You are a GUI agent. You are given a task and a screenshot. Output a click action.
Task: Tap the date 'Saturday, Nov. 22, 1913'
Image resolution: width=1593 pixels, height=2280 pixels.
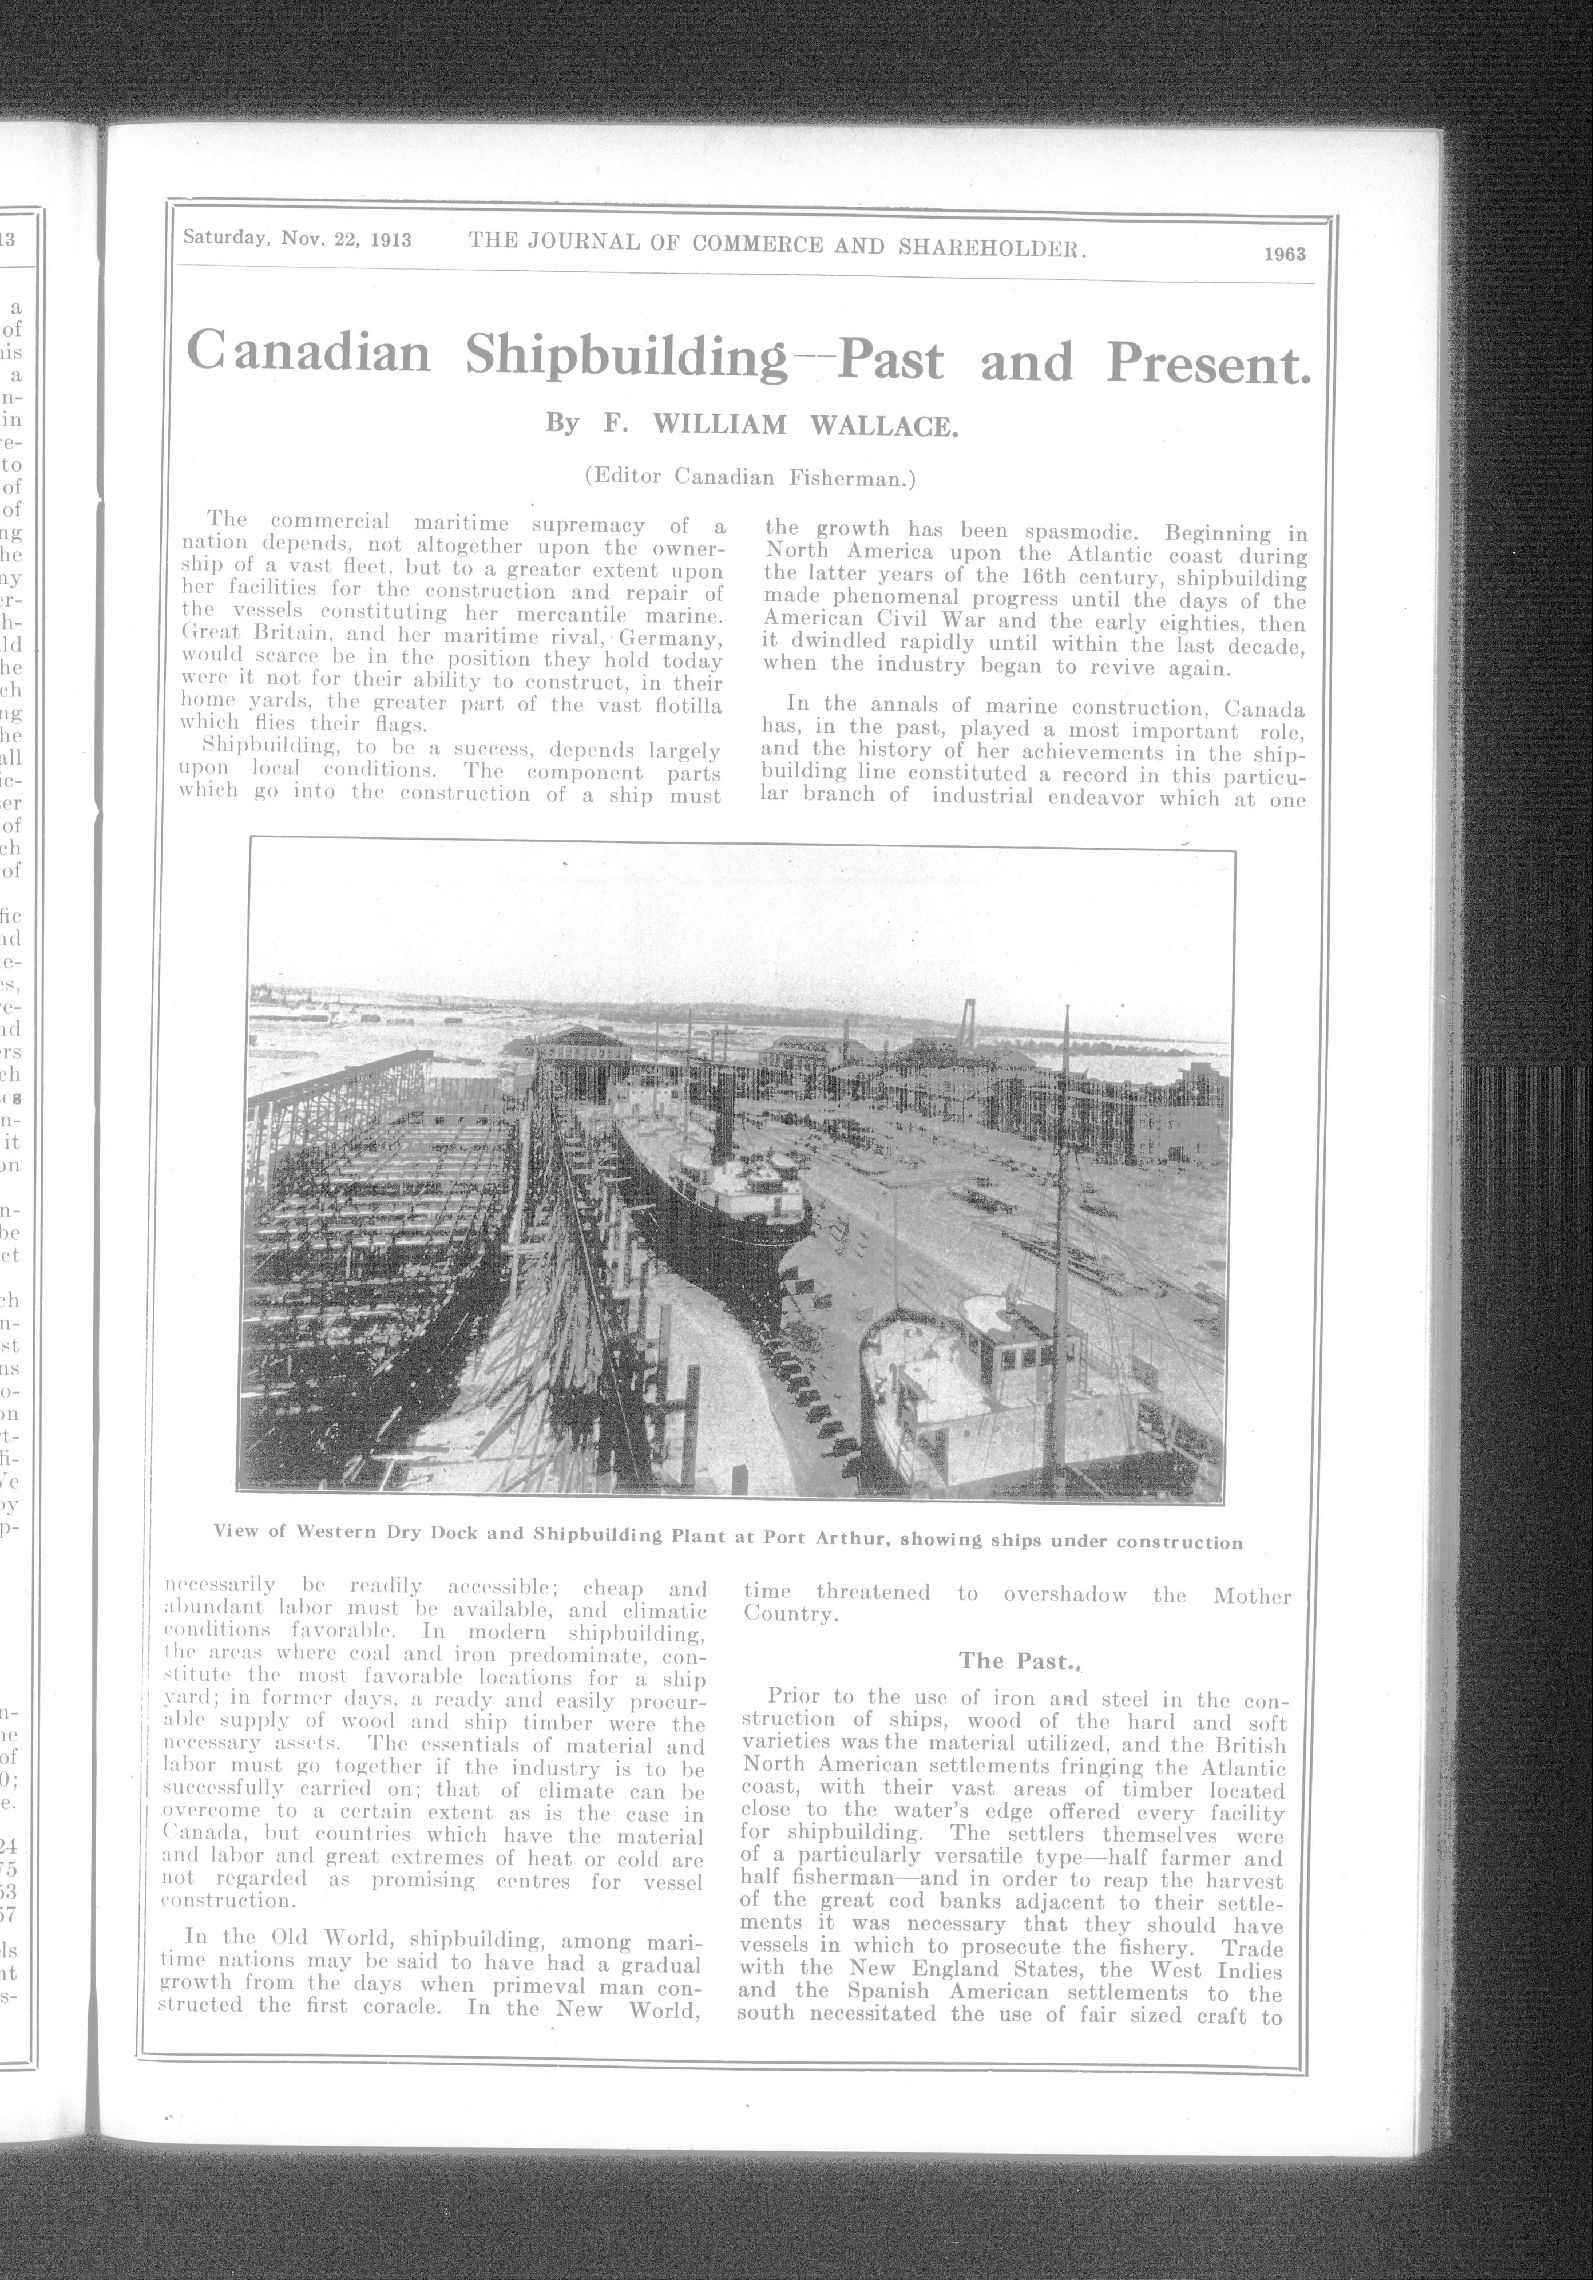[297, 239]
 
